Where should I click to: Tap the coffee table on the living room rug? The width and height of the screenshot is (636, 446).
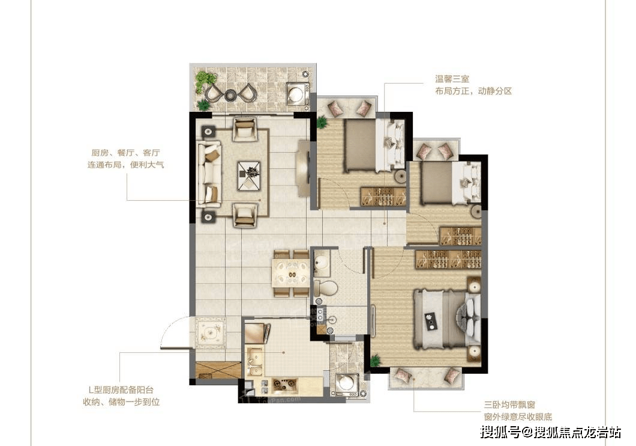(249, 175)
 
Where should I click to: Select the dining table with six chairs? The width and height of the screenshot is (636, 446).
(291, 274)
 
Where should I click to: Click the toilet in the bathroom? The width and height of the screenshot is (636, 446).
(322, 287)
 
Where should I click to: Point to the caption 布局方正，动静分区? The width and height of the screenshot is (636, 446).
(473, 91)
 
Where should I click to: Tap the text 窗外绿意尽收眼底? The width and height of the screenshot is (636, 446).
(517, 417)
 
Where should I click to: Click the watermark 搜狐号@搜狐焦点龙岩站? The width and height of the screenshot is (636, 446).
(552, 432)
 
